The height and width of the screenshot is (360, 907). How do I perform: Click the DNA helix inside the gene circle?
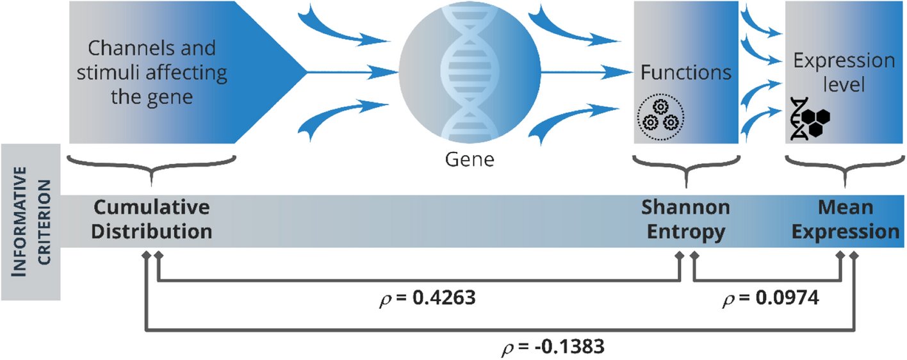[470, 70]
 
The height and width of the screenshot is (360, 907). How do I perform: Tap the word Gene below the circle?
[470, 159]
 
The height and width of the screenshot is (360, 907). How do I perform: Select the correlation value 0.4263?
[438, 299]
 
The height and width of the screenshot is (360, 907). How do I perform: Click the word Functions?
[685, 72]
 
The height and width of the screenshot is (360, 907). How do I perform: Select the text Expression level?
[844, 72]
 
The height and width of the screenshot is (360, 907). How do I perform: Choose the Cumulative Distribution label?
[151, 220]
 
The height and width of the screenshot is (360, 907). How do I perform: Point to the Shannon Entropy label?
[685, 220]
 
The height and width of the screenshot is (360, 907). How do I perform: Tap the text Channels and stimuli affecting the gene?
[152, 72]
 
